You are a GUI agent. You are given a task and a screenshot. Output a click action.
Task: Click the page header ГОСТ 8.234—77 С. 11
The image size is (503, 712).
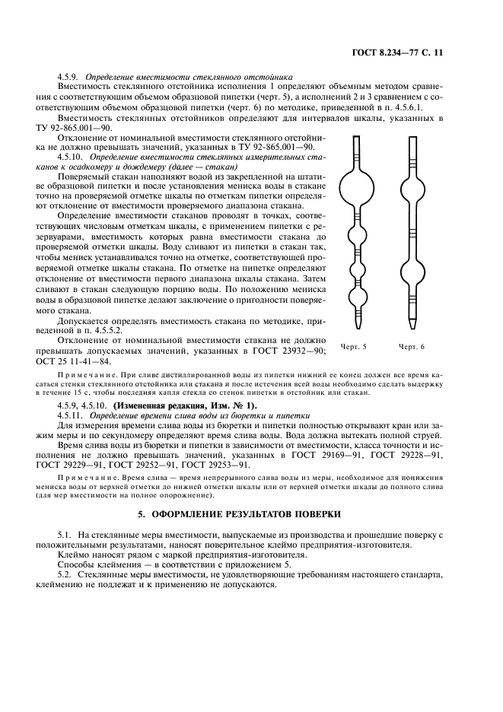[x=407, y=52]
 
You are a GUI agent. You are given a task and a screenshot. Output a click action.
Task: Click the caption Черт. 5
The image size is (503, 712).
[x=354, y=347]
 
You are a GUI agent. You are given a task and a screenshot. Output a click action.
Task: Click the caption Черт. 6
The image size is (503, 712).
[x=411, y=347]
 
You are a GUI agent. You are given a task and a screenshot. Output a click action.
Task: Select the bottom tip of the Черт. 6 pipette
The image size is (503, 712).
[x=412, y=327]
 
